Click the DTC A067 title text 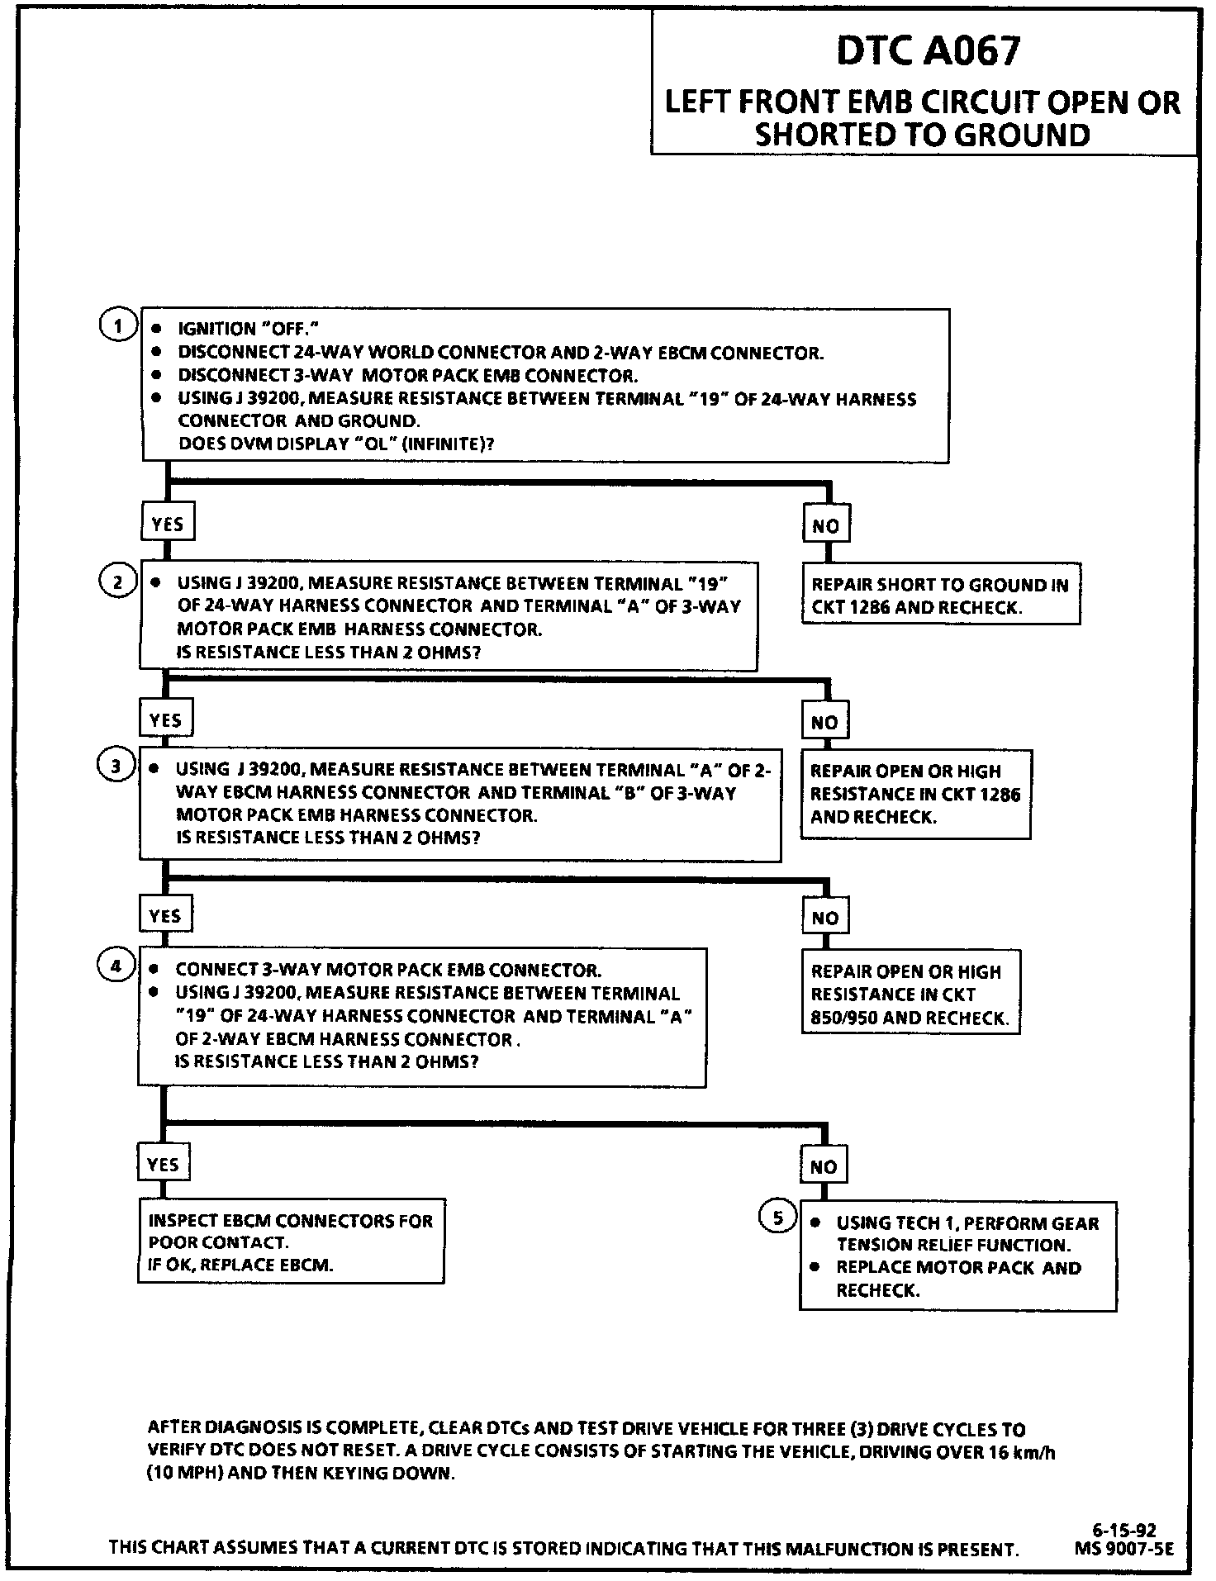(928, 52)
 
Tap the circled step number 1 (118, 325)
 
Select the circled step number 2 (117, 582)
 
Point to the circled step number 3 (116, 766)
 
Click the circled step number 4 (116, 966)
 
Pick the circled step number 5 (777, 1217)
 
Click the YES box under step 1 (168, 524)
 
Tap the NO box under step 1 (825, 525)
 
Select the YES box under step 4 (163, 1165)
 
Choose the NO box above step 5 (823, 1166)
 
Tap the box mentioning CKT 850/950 (910, 994)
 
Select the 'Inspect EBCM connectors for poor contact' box (290, 1242)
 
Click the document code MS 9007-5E (1123, 1550)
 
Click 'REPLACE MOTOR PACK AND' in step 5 (958, 1268)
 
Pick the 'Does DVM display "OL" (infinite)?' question (336, 444)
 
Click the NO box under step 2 (824, 723)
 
